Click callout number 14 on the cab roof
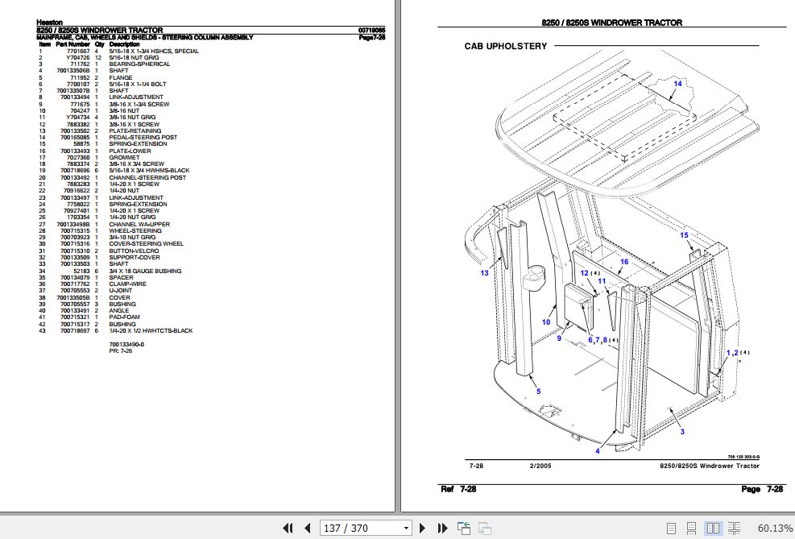(x=677, y=84)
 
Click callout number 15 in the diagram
(x=685, y=235)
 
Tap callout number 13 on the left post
(x=485, y=273)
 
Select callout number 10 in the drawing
(x=545, y=322)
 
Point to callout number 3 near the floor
(x=682, y=433)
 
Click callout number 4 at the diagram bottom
(x=598, y=451)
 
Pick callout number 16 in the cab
(x=623, y=263)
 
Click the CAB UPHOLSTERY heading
(x=505, y=47)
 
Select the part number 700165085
(x=73, y=137)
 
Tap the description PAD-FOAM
(x=124, y=317)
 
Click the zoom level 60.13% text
(x=775, y=528)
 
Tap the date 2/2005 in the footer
(x=540, y=466)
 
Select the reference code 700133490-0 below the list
(x=127, y=344)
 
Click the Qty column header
(x=100, y=44)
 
